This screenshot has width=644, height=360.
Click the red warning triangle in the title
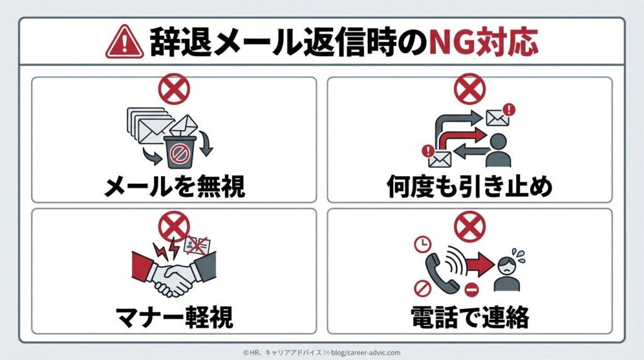(x=125, y=42)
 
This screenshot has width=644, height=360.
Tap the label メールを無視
(x=175, y=186)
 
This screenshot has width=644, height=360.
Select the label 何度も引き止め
(x=469, y=186)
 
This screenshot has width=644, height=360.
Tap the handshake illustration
(x=174, y=273)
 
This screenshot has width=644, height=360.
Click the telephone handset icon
(x=441, y=273)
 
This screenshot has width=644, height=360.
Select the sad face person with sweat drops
(x=508, y=270)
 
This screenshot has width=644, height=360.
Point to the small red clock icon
(x=422, y=244)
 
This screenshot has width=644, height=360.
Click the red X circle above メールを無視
(x=174, y=89)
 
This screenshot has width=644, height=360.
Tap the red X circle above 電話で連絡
(x=470, y=227)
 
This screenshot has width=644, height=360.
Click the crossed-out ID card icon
(x=197, y=246)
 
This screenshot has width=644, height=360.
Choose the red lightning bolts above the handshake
(x=167, y=249)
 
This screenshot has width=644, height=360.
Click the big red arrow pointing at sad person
(x=480, y=264)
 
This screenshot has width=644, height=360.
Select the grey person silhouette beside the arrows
(x=498, y=150)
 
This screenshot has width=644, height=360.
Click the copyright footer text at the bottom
(x=321, y=352)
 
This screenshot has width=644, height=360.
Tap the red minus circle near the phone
(x=472, y=290)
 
